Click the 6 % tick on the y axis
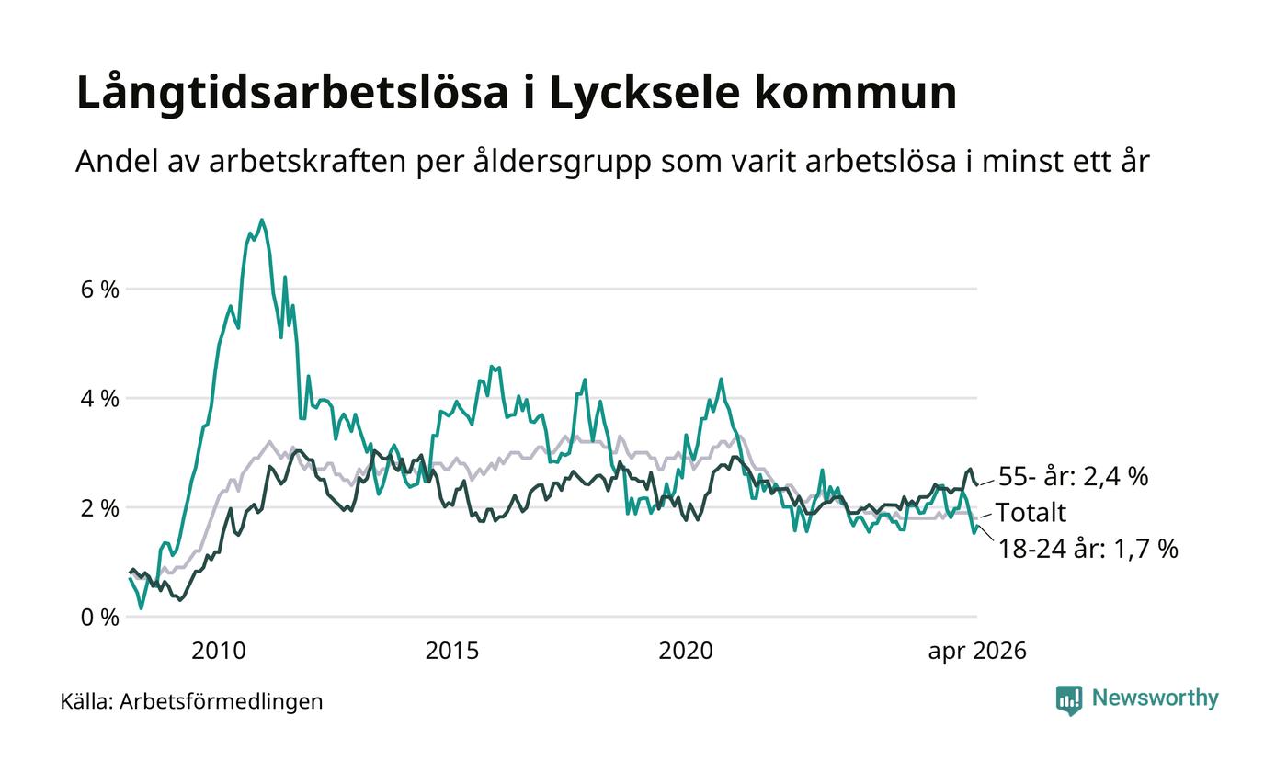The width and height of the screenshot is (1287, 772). pyautogui.click(x=100, y=289)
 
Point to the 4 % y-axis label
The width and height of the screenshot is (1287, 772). pyautogui.click(x=100, y=399)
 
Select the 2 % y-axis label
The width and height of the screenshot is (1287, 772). pyautogui.click(x=100, y=508)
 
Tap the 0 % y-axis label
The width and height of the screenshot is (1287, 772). pyautogui.click(x=100, y=618)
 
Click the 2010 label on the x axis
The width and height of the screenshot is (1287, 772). pyautogui.click(x=219, y=651)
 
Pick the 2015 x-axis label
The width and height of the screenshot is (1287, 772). pyautogui.click(x=452, y=651)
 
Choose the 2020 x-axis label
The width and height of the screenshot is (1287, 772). pyautogui.click(x=686, y=651)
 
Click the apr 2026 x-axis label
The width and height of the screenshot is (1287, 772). pyautogui.click(x=977, y=652)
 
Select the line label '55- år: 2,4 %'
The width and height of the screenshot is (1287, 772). pyautogui.click(x=1074, y=476)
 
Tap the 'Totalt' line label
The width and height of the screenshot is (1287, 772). pyautogui.click(x=1031, y=513)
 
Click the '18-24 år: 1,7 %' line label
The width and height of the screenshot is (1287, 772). pyautogui.click(x=1088, y=549)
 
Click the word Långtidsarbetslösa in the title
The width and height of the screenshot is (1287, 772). pyautogui.click(x=292, y=92)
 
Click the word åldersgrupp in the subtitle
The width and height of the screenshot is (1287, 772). pyautogui.click(x=563, y=163)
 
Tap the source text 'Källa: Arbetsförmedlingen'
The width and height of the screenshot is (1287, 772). pyautogui.click(x=191, y=701)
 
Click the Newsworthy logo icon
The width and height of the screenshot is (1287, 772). pyautogui.click(x=1068, y=700)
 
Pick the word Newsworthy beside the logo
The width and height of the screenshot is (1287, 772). pyautogui.click(x=1155, y=698)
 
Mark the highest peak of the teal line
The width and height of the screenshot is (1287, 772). pyautogui.click(x=262, y=220)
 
